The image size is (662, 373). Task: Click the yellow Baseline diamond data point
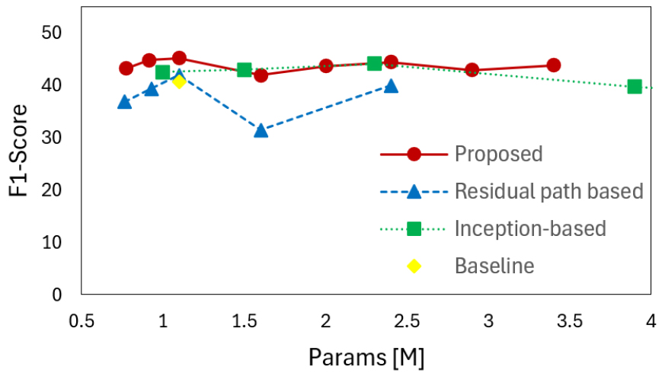tap(179, 81)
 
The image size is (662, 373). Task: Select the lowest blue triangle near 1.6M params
tap(261, 130)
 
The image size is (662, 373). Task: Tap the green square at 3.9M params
tap(635, 86)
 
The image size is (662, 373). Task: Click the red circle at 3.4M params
tap(553, 65)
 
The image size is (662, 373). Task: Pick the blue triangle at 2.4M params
tap(391, 86)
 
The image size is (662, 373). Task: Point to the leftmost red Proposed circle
tap(126, 69)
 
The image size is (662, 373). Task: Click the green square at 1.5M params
tap(245, 70)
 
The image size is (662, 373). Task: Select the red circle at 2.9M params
tap(472, 70)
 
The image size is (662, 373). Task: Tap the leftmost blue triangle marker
tap(125, 102)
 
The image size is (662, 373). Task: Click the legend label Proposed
tap(498, 154)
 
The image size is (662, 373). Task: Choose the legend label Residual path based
tap(548, 191)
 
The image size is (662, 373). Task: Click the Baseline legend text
tap(494, 266)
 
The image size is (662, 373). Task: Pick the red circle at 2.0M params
tap(326, 66)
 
